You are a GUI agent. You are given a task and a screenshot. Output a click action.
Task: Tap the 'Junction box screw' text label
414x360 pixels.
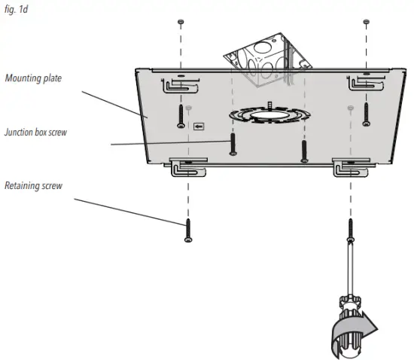[36, 132]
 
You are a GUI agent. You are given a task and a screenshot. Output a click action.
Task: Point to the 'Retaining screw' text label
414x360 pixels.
[32, 185]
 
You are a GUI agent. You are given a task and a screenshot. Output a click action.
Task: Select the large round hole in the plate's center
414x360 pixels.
[263, 117]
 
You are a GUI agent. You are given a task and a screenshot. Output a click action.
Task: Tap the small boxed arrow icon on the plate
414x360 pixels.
[199, 127]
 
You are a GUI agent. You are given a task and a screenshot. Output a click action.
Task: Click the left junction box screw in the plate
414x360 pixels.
[233, 143]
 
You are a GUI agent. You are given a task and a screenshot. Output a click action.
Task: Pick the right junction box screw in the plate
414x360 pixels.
[303, 149]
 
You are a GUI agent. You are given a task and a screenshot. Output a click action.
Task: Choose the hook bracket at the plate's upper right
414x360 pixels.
[360, 83]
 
